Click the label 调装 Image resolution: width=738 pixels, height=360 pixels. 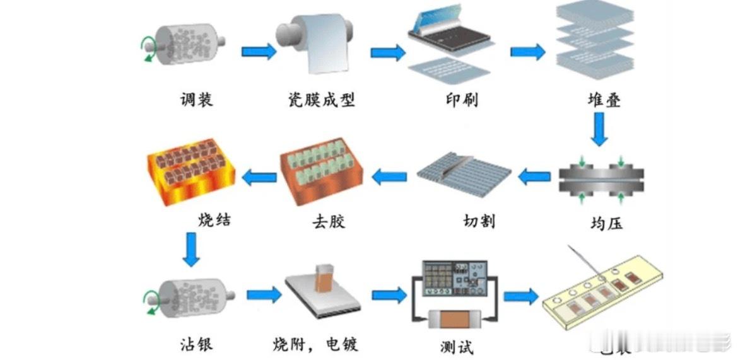point(196,100)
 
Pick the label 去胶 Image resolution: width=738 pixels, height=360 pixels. point(329,221)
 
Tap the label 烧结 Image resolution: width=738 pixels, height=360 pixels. point(214,219)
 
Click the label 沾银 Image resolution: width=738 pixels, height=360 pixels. point(196,344)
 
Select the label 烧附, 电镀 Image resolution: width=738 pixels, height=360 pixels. point(315,344)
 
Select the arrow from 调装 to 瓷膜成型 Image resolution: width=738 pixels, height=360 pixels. point(259,51)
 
